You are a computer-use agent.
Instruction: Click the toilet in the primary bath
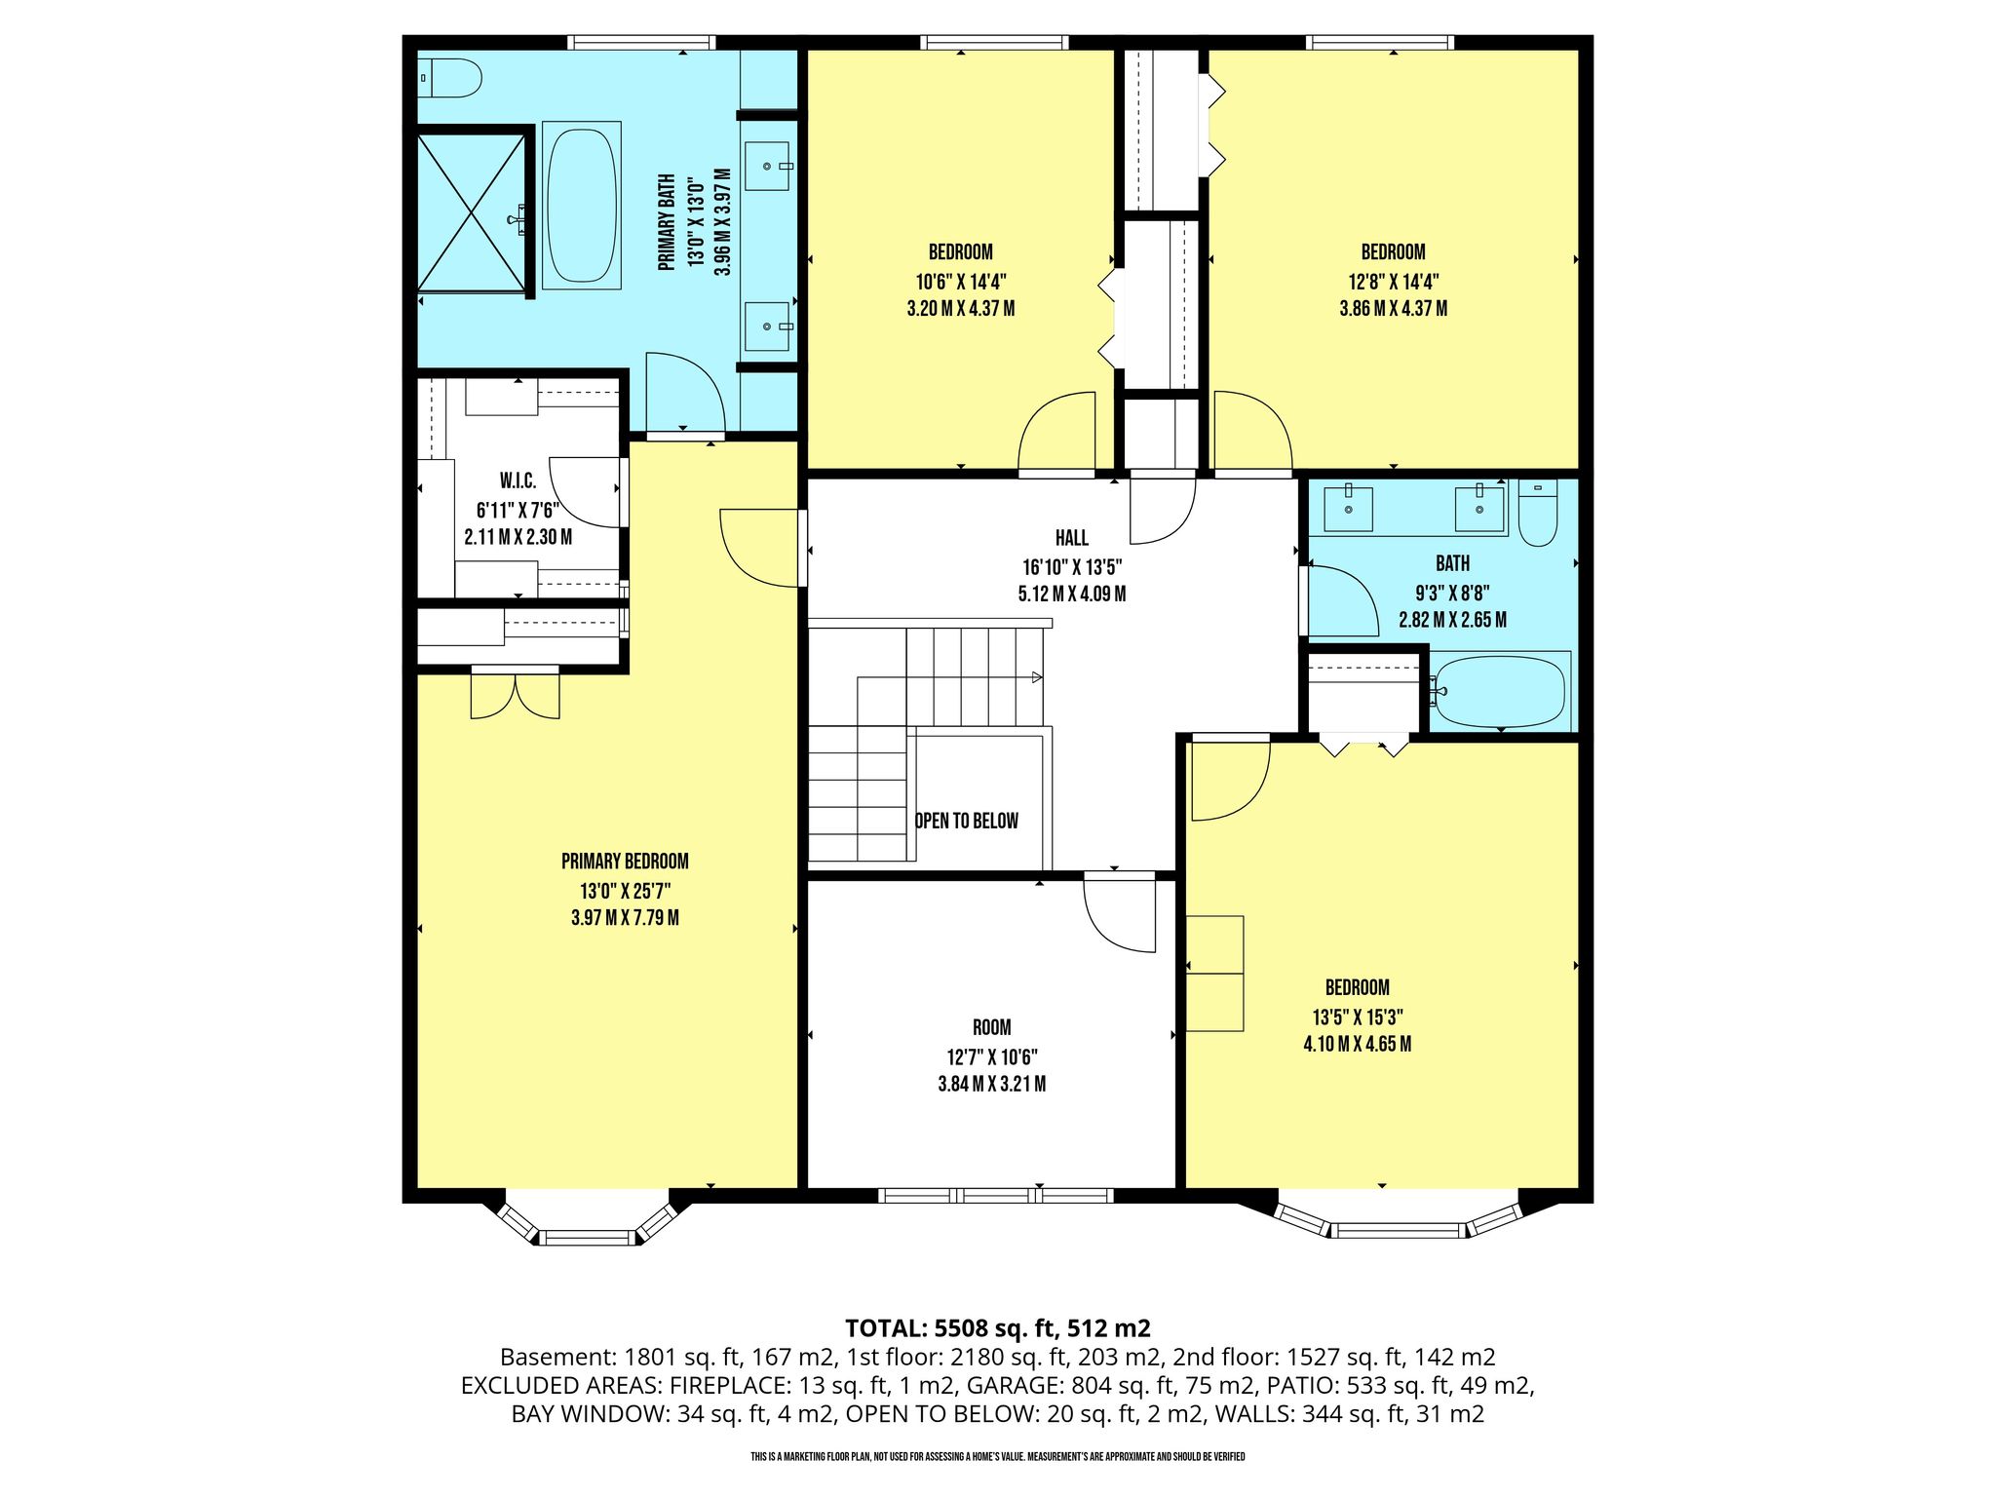click(450, 78)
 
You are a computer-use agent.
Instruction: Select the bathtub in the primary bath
click(582, 205)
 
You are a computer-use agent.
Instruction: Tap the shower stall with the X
click(472, 212)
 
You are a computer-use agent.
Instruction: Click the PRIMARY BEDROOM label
click(625, 862)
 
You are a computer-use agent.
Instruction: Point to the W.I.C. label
click(518, 481)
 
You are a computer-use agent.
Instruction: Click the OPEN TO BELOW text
click(967, 821)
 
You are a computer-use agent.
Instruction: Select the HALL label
click(1072, 538)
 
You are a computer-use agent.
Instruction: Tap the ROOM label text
click(992, 1027)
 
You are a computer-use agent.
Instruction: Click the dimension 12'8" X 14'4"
click(1394, 282)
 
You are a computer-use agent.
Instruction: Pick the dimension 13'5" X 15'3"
click(1358, 1017)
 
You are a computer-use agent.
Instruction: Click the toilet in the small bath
click(1538, 514)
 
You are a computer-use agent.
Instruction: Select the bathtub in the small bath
click(1500, 691)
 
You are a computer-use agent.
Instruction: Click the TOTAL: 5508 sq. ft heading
click(950, 1327)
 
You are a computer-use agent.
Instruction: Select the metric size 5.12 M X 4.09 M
click(1072, 594)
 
